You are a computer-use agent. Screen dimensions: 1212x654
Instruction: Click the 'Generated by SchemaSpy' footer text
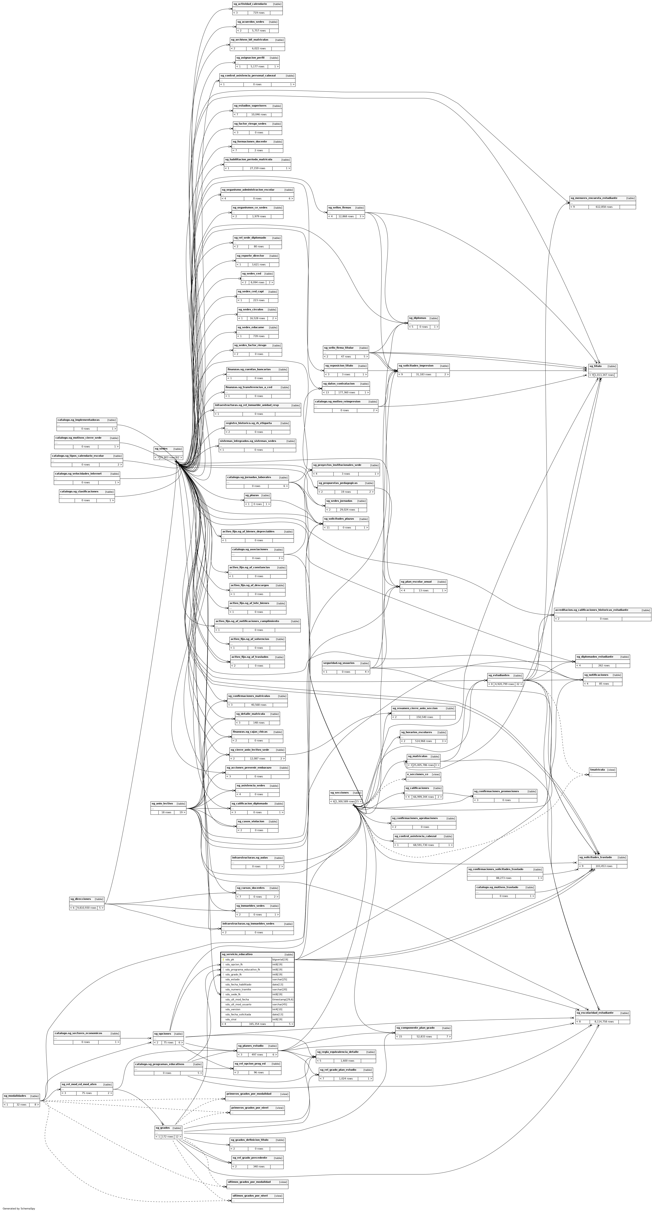[19, 1208]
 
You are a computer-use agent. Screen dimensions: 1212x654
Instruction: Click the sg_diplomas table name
[417, 318]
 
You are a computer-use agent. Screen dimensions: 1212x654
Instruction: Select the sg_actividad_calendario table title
[250, 4]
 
